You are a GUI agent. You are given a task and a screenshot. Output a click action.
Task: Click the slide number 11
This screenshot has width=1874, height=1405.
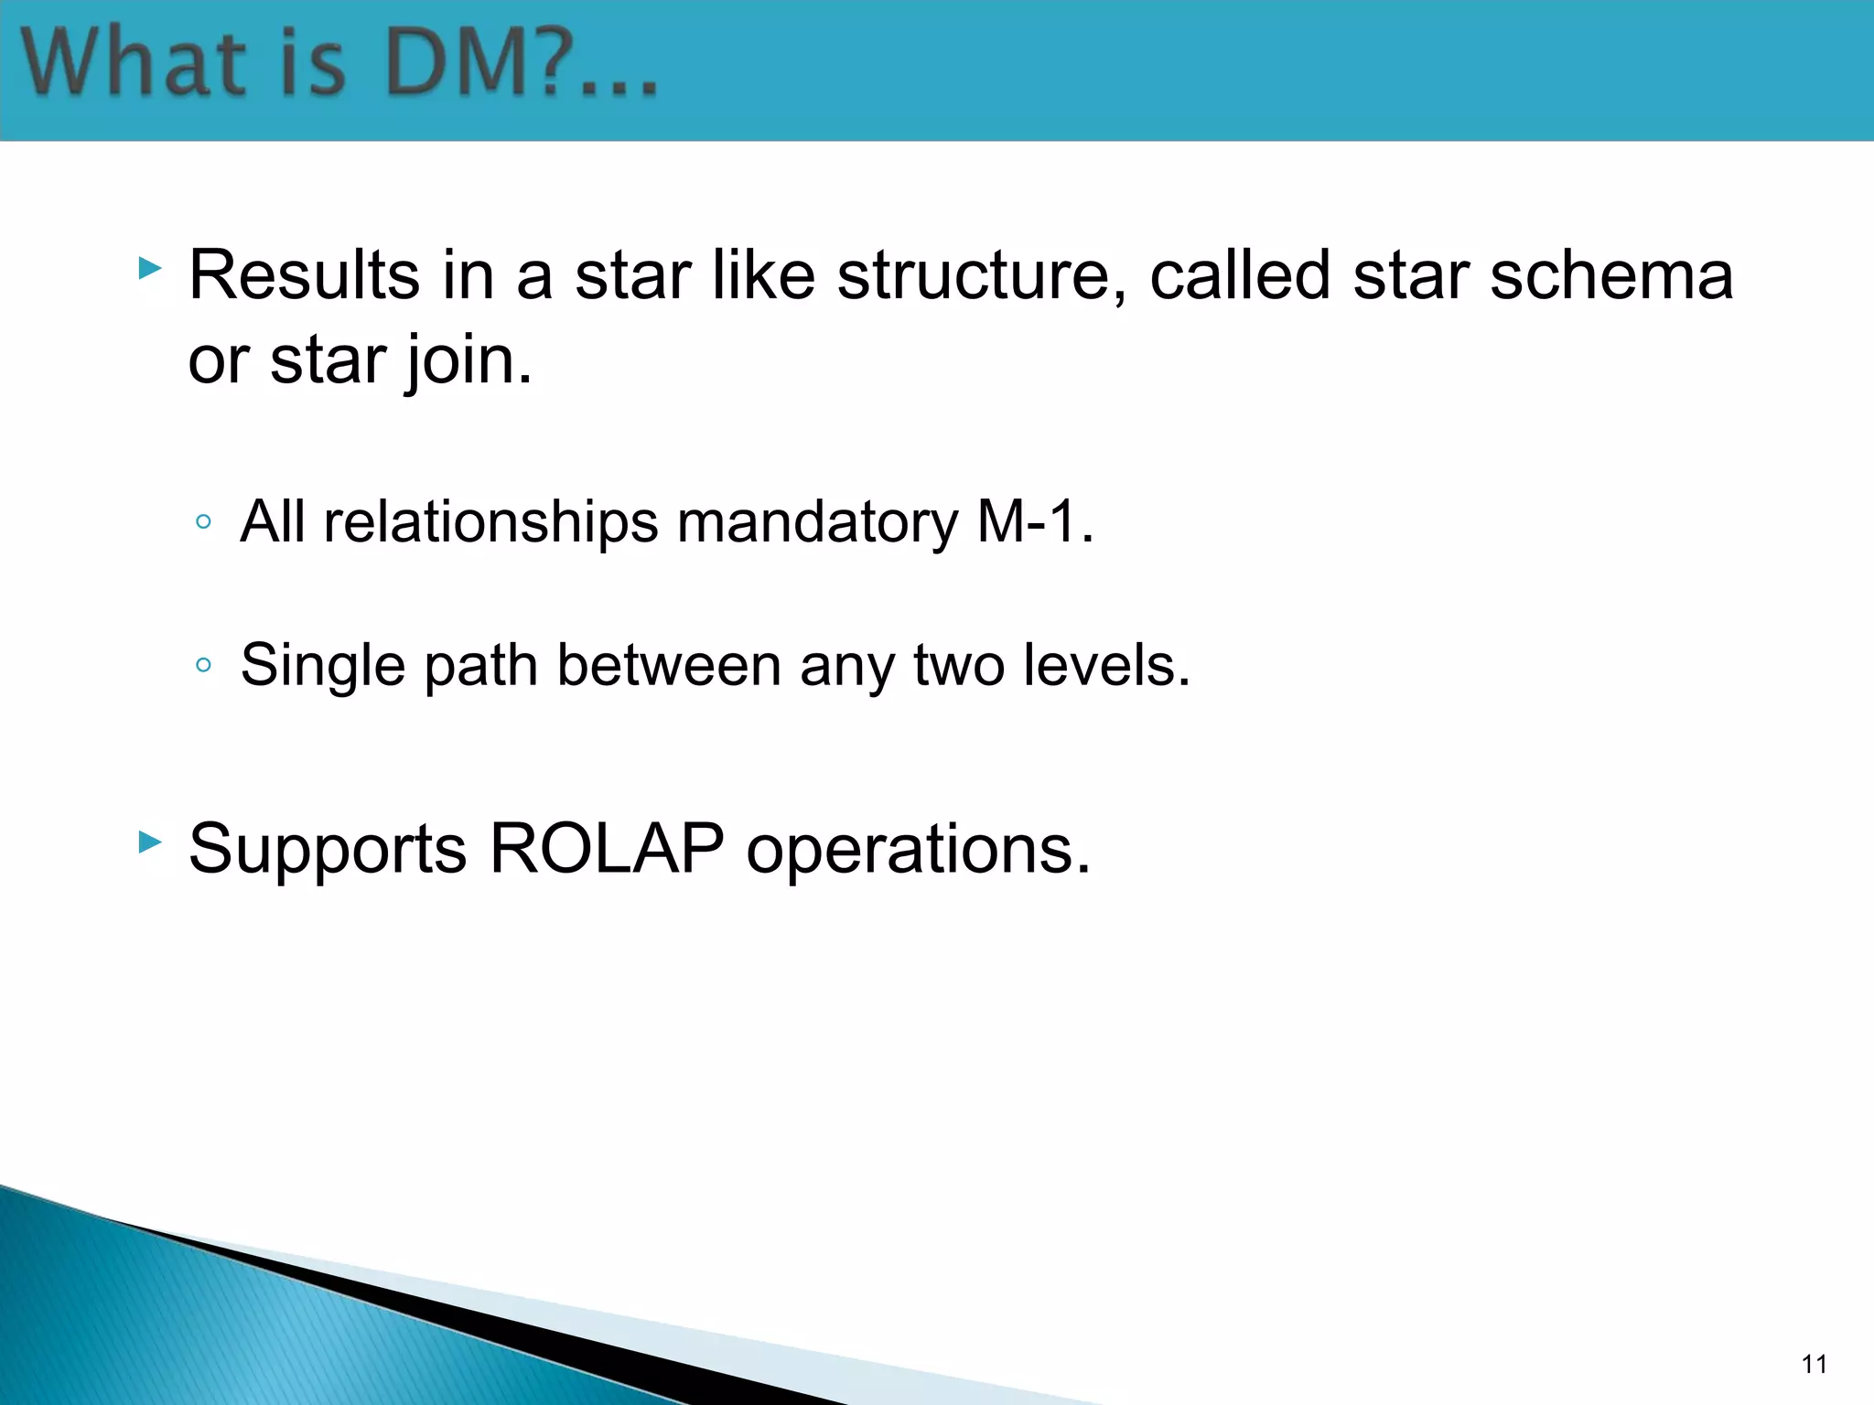tap(1814, 1364)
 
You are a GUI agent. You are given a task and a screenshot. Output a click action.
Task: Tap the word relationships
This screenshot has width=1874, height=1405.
tap(490, 522)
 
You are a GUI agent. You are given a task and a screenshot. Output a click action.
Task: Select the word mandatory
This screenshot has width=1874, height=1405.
tap(816, 522)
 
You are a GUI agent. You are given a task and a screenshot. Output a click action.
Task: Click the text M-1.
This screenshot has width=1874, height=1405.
tap(1035, 522)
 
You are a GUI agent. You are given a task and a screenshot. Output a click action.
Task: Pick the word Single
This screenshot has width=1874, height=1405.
tap(322, 665)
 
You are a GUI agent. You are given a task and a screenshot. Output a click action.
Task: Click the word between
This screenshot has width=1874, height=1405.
tap(669, 665)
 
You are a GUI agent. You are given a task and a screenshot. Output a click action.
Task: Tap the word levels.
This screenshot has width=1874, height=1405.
tap(1106, 665)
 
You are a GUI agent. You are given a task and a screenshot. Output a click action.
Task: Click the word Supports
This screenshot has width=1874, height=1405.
tap(328, 849)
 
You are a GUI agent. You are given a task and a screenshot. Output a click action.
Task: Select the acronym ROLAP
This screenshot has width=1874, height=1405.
tap(607, 849)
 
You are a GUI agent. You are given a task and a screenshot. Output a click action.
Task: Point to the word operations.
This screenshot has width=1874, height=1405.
tap(918, 849)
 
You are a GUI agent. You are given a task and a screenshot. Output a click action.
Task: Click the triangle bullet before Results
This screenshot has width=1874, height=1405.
tap(150, 269)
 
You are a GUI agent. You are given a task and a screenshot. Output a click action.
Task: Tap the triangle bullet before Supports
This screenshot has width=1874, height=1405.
tap(150, 842)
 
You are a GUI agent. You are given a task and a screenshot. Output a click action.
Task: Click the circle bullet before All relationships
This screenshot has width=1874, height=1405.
tap(204, 522)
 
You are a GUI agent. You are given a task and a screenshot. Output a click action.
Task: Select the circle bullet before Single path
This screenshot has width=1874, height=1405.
tap(204, 665)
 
